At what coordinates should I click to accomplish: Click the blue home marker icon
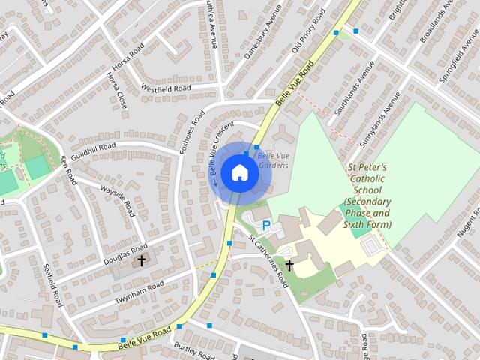(240, 172)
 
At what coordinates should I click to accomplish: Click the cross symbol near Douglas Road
(142, 260)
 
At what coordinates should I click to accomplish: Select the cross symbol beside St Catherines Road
(289, 265)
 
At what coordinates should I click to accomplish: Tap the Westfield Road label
(166, 88)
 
